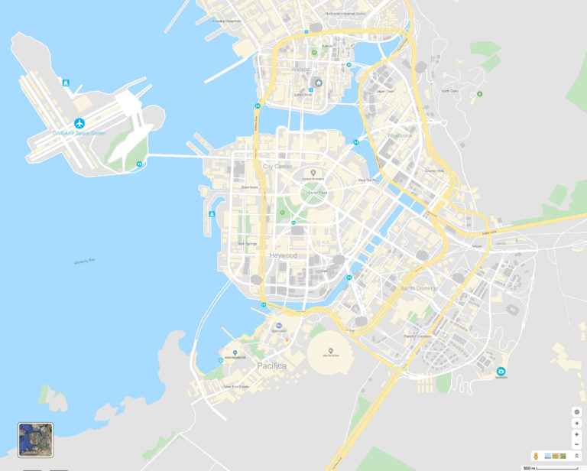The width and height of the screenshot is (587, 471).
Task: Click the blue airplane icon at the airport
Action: (x=79, y=123)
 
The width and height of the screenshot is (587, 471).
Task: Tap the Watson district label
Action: (x=300, y=70)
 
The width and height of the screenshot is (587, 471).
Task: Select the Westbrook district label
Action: (x=400, y=135)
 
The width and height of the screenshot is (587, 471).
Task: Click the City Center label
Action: (x=277, y=167)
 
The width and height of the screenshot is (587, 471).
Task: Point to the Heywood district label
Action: (x=283, y=255)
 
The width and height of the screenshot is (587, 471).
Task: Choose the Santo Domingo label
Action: (x=419, y=287)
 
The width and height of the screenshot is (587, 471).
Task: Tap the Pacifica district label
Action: (x=271, y=366)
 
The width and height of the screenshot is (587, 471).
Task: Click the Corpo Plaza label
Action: (x=317, y=193)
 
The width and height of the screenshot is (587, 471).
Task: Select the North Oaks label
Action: (x=449, y=91)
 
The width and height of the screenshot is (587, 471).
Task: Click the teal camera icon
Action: (x=501, y=372)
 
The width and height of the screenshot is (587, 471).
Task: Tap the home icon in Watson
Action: (x=319, y=83)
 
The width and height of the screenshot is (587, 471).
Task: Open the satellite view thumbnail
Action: (x=35, y=440)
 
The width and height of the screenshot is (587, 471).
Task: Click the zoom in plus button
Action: (x=576, y=434)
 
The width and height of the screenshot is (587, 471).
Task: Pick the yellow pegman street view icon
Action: (x=537, y=456)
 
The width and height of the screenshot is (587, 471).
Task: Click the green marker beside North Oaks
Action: (x=480, y=94)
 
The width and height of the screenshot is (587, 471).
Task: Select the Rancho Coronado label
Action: (x=418, y=336)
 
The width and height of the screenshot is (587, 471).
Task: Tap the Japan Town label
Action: (x=385, y=91)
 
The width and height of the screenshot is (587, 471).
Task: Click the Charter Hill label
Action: (x=434, y=171)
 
